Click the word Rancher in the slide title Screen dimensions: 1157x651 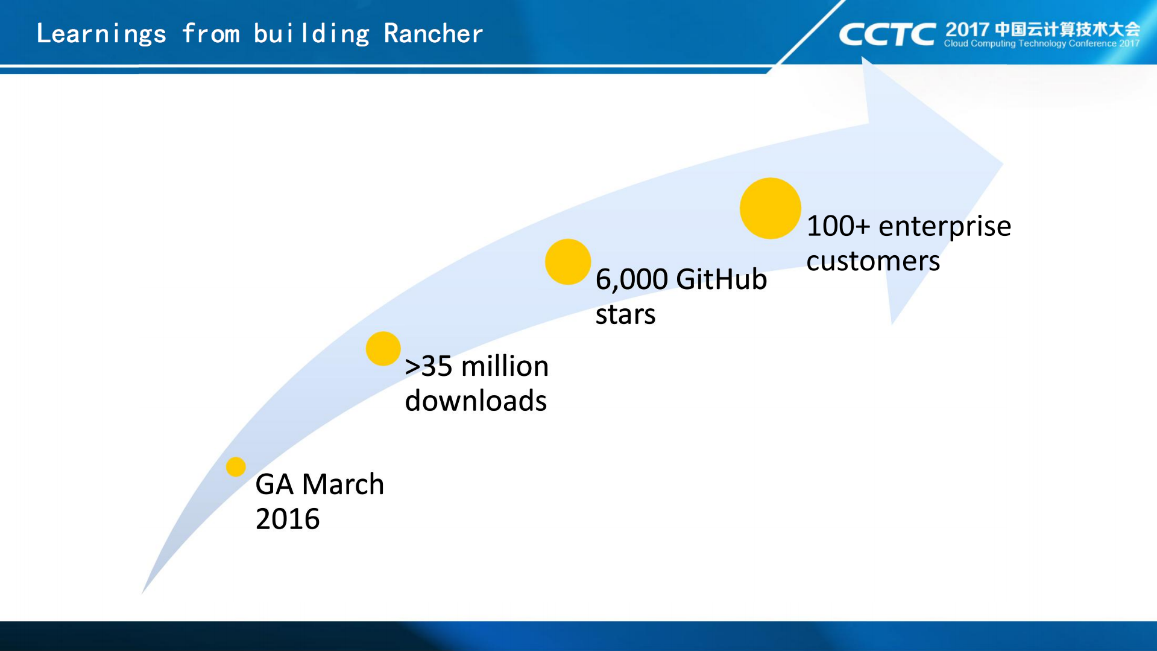tap(433, 34)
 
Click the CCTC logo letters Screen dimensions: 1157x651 tap(887, 34)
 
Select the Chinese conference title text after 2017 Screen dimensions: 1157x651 tap(1067, 30)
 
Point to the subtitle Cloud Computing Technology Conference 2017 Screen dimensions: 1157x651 tap(1041, 43)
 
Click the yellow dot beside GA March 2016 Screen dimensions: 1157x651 tap(236, 466)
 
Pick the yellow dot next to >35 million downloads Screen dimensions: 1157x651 tap(383, 349)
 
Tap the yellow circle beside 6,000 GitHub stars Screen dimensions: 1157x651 tap(568, 262)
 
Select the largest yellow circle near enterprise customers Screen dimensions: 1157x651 tap(771, 208)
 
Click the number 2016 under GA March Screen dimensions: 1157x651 tap(288, 519)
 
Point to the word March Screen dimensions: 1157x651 tap(342, 484)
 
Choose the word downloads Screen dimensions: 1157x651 tap(476, 401)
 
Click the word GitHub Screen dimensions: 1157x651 tap(722, 279)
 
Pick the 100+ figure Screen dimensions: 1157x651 tap(839, 226)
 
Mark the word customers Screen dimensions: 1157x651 tap(873, 261)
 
